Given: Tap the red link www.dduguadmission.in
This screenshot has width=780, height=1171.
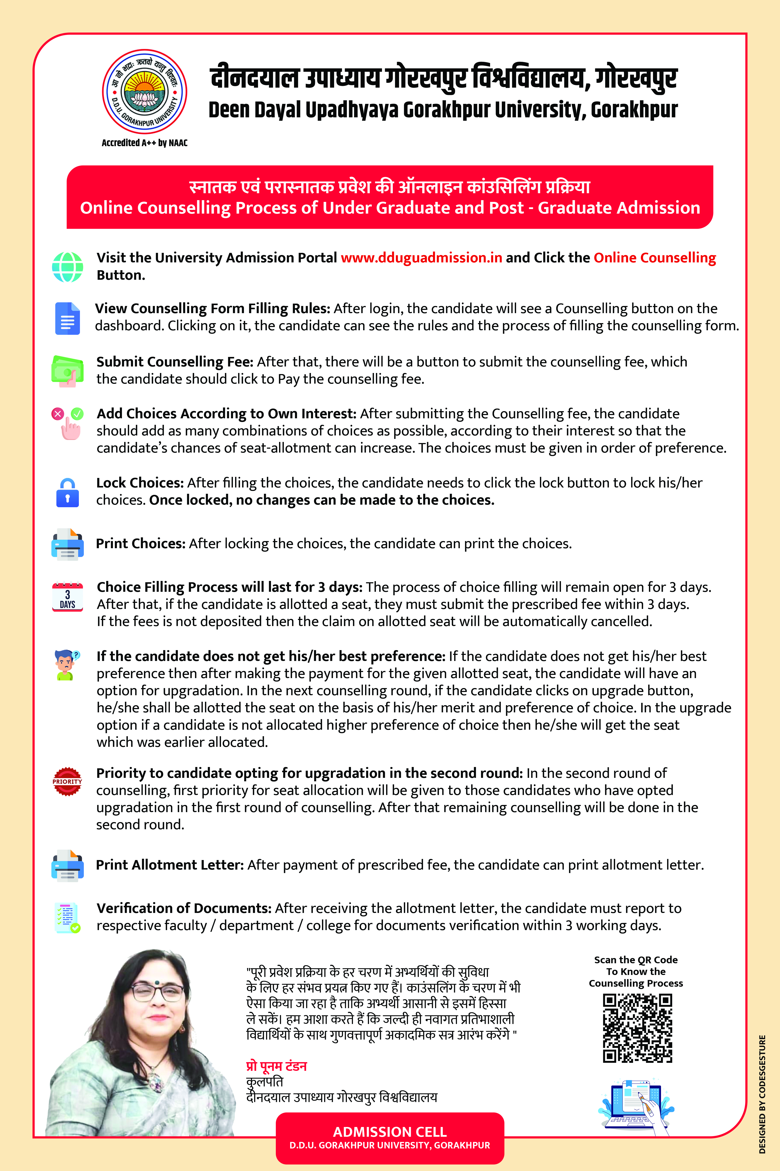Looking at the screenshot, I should point(421,258).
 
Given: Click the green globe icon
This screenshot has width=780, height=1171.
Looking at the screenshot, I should point(68,267).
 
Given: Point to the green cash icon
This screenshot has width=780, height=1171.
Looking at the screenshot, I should point(67,371).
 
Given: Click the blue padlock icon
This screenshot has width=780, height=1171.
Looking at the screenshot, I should point(68,493).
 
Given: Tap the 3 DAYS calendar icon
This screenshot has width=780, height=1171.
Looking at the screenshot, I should point(68,597).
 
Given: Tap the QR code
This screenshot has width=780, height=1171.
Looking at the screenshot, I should point(637,1028).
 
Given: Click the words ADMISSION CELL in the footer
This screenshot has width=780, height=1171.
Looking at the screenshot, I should point(390,1132).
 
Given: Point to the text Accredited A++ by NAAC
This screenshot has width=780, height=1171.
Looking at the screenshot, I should point(144,143).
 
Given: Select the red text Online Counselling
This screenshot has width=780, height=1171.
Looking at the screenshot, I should point(655,258).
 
